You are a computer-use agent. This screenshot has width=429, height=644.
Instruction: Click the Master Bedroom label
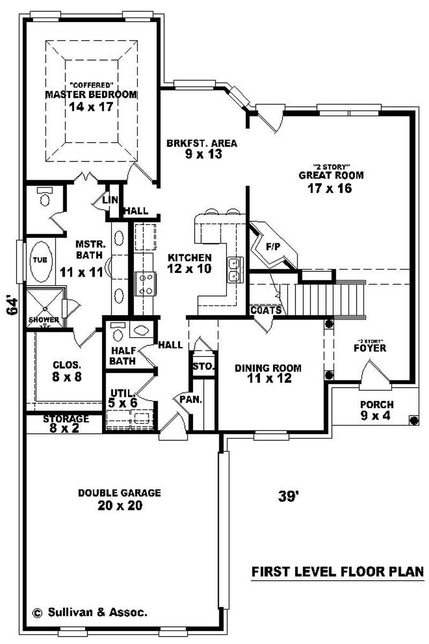pos(91,94)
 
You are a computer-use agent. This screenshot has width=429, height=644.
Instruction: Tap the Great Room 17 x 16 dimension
pos(330,188)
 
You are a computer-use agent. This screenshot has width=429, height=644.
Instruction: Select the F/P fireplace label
pos(273,247)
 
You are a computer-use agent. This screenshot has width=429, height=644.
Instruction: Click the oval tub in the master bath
pos(40,261)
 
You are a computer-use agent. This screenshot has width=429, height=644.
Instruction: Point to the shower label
pos(43,320)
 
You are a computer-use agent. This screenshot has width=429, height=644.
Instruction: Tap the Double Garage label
pos(120,493)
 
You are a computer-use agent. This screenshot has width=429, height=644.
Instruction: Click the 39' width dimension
pos(288,497)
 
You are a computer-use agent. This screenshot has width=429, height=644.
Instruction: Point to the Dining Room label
pos(268,368)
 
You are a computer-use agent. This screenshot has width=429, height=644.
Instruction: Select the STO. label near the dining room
pos(203,367)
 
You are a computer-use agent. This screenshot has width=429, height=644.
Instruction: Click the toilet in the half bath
pos(119,333)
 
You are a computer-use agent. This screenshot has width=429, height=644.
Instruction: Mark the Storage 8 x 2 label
pos(66,419)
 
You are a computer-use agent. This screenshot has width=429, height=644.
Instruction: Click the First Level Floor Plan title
pos(338,572)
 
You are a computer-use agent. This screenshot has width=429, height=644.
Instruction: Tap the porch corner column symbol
pos(413,420)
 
